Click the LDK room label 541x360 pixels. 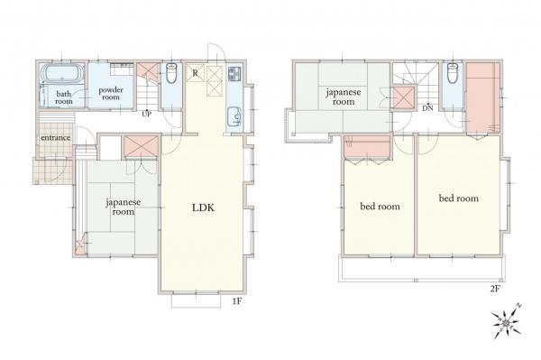click(203, 208)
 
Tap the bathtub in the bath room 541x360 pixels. click(62, 73)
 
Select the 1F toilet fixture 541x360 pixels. click(171, 73)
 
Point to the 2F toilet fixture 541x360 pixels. click(453, 73)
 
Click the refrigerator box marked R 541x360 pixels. click(196, 73)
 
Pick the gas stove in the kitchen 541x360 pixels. click(234, 74)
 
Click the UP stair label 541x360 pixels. click(147, 115)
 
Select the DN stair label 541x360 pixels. click(427, 108)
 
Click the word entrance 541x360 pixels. click(56, 137)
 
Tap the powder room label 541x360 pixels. click(111, 94)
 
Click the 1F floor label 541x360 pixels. click(236, 301)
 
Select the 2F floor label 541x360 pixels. click(495, 289)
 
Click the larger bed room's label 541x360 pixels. click(459, 198)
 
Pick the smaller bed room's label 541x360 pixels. click(380, 207)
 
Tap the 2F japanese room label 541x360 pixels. click(344, 97)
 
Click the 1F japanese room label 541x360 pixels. click(123, 207)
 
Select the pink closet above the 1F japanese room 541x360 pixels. click(141, 147)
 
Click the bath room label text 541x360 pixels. click(64, 97)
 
